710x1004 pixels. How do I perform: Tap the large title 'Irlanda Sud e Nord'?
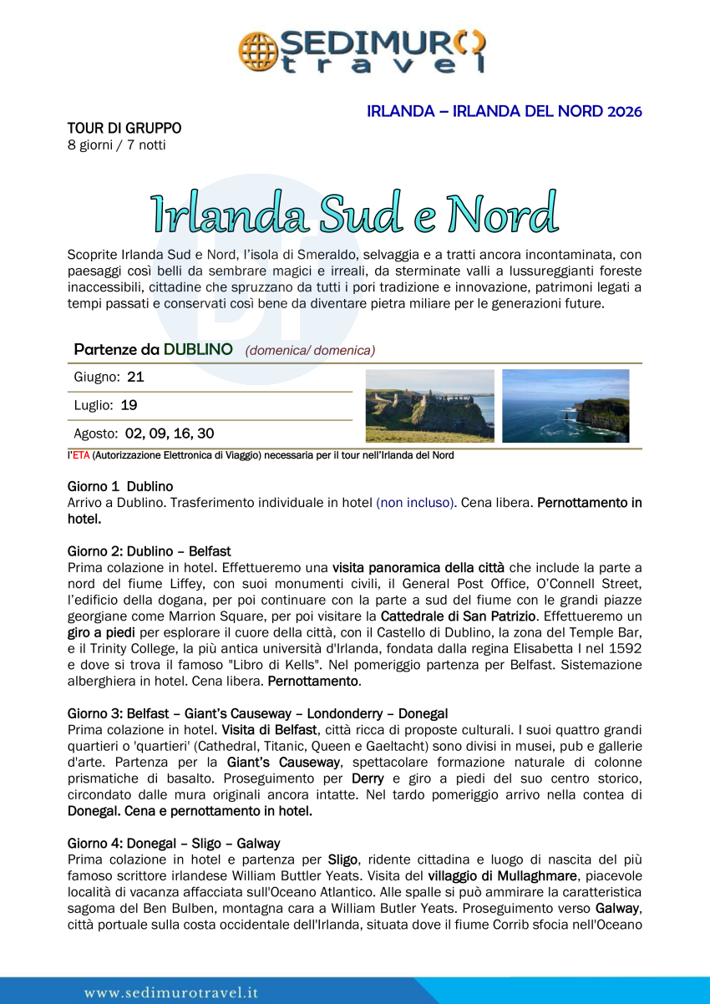coord(354,212)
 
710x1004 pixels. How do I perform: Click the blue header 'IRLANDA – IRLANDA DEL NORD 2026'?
coord(504,111)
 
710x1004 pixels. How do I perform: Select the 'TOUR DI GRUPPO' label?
coord(124,129)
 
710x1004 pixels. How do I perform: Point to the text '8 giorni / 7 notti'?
coord(116,145)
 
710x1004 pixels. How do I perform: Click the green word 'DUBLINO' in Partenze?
coord(198,350)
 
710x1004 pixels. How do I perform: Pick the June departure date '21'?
coord(135,378)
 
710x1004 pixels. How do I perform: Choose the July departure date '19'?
coord(129,406)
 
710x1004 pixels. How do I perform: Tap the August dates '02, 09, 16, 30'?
coord(170,434)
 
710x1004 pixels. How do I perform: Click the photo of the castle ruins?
coord(429,406)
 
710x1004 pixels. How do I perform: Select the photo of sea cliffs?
coord(565,406)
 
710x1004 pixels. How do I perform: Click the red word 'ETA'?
coord(80,456)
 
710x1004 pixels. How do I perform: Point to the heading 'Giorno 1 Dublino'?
coord(120,486)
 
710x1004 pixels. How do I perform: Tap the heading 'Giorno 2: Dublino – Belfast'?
coord(150,551)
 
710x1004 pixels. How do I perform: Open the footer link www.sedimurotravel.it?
coord(171,992)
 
